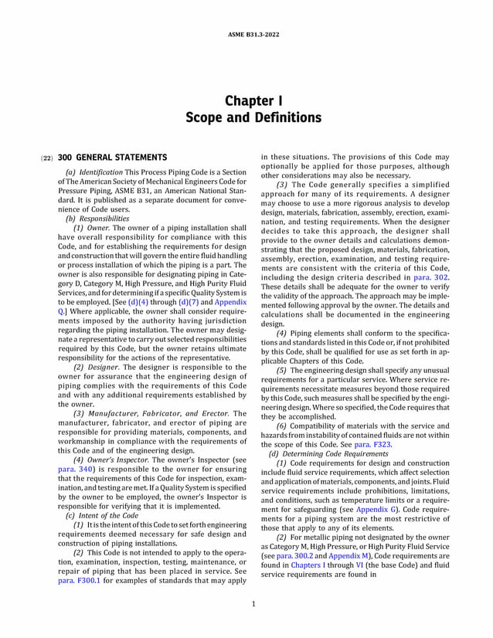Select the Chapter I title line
pos(248,101)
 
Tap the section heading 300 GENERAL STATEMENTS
pos(112,158)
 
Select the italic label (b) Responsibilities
pos(97,219)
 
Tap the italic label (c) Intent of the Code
pos(102,515)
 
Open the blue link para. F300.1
pos(79,580)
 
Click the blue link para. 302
pos(431,277)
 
